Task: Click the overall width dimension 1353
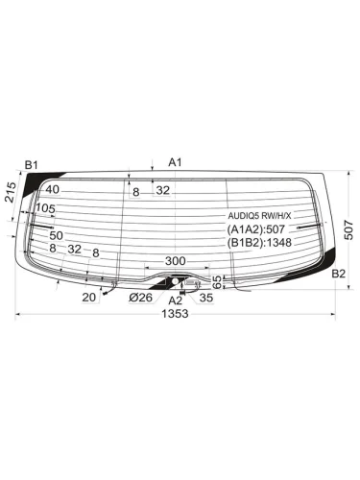point(175,314)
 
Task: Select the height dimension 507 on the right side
point(349,230)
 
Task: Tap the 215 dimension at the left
point(11,192)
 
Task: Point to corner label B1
point(32,165)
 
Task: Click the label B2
point(339,274)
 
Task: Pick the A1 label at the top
point(175,162)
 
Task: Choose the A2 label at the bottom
point(175,300)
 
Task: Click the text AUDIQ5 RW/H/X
point(259,216)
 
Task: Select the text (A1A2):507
point(255,229)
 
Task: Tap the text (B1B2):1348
point(259,243)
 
